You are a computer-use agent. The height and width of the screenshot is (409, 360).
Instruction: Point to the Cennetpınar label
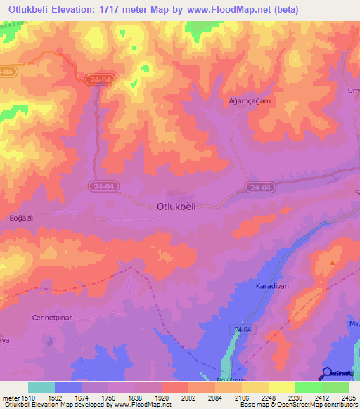[x=52, y=318]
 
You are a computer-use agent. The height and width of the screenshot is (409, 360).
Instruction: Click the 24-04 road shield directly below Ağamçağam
[x=258, y=186]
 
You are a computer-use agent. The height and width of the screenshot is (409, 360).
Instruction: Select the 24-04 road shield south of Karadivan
[x=240, y=330]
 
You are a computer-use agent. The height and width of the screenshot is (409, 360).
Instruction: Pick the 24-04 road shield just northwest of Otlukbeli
[x=100, y=186]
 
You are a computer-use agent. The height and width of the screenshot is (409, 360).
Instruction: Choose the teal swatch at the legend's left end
[x=41, y=387]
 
